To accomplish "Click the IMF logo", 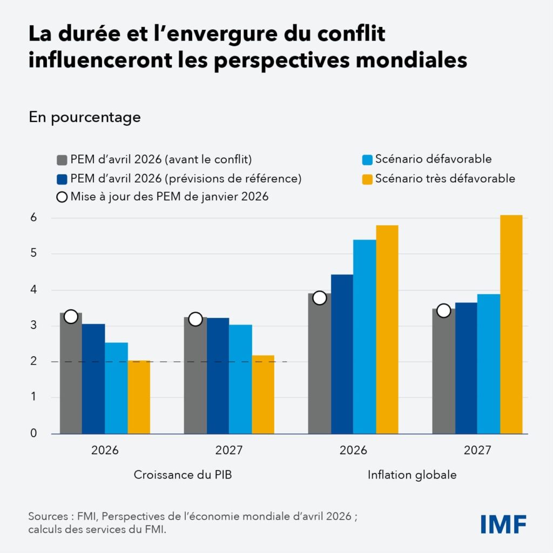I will click(x=503, y=523).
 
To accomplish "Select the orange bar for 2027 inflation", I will click(x=511, y=324).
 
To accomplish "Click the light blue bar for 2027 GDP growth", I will click(x=240, y=379).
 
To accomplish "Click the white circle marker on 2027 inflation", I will click(x=443, y=311).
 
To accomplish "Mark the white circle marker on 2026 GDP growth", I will click(x=71, y=316).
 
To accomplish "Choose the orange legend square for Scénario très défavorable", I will click(x=367, y=179).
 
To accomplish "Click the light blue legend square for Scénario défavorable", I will click(x=367, y=160).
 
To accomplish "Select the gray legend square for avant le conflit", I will click(x=62, y=160).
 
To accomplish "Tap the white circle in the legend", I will click(x=62, y=197).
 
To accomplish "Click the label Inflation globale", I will click(x=412, y=475).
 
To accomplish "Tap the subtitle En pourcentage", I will click(x=84, y=117).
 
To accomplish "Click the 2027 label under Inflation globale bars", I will click(x=477, y=450).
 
